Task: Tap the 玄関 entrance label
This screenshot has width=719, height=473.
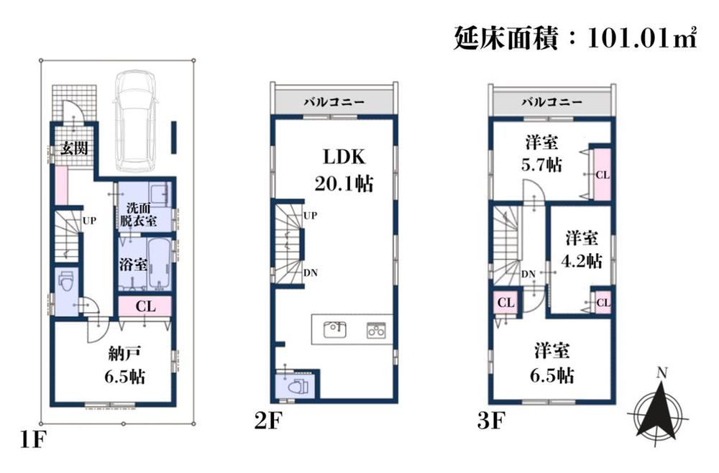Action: click(74, 148)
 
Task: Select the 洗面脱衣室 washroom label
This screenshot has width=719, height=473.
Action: click(139, 214)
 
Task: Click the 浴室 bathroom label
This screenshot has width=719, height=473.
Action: click(133, 265)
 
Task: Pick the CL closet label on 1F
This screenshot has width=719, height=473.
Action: click(145, 306)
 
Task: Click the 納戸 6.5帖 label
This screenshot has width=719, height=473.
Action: click(124, 365)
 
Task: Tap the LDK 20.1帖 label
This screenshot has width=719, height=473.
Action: click(344, 170)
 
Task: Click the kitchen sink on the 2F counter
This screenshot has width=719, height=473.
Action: click(335, 329)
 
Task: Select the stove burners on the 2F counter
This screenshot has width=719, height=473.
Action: click(376, 330)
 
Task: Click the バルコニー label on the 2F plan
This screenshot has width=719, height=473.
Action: click(334, 102)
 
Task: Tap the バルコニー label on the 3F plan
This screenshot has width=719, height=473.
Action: click(551, 102)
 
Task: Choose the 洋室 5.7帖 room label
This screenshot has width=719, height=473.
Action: click(541, 154)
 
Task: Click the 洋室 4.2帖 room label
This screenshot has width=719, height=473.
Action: click(582, 249)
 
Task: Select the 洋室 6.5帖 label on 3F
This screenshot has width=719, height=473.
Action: click(552, 363)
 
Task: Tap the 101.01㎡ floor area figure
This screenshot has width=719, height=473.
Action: click(642, 37)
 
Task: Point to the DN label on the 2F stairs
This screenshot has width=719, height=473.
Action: click(311, 272)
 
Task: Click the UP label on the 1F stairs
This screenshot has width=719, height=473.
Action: click(89, 221)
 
